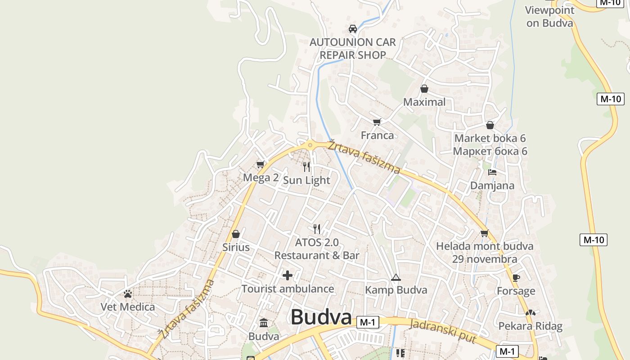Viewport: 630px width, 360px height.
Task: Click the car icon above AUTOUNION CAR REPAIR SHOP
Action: [353, 29]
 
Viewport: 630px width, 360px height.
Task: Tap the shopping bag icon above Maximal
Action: [424, 89]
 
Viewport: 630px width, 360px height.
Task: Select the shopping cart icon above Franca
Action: [377, 122]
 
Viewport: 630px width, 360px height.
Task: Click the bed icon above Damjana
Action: [492, 172]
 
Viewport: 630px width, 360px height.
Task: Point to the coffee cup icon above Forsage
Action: [516, 278]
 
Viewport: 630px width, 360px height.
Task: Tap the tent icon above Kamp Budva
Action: [396, 277]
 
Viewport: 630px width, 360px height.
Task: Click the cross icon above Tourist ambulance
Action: [288, 275]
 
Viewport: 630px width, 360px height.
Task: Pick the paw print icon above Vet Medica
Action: [128, 294]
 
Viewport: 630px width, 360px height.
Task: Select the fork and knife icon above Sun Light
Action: [306, 167]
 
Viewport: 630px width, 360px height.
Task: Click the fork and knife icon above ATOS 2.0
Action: [317, 229]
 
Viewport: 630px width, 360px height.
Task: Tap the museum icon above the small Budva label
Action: [264, 323]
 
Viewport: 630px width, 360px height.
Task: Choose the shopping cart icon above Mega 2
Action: [260, 165]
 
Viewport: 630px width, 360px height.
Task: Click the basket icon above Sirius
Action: [235, 234]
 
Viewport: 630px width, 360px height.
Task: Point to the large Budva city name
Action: [321, 317]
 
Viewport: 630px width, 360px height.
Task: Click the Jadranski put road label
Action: [443, 331]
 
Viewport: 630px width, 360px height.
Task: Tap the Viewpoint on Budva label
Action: [550, 17]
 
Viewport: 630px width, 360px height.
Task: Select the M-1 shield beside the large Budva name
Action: [368, 322]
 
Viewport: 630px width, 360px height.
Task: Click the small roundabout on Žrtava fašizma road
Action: [310, 145]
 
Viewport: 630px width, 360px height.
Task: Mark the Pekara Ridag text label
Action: [530, 326]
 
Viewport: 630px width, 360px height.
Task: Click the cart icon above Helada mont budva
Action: [484, 233]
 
